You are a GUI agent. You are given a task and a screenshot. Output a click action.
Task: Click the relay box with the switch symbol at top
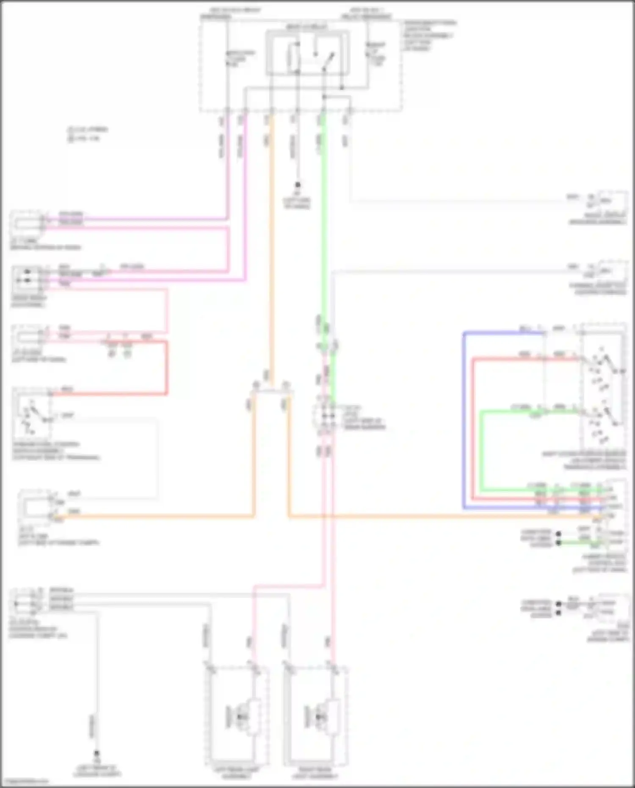tap(308, 53)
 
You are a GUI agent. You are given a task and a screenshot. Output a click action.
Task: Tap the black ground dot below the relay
tap(298, 185)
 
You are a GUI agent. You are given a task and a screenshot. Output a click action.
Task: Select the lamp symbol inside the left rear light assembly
tap(242, 716)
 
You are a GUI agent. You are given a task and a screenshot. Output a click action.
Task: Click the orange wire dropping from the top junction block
tap(271, 254)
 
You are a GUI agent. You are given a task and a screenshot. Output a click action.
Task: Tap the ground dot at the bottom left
tap(97, 753)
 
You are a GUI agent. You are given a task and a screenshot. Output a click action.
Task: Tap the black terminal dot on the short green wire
tap(559, 542)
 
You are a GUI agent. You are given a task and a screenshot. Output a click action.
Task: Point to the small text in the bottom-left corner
tap(25, 781)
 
